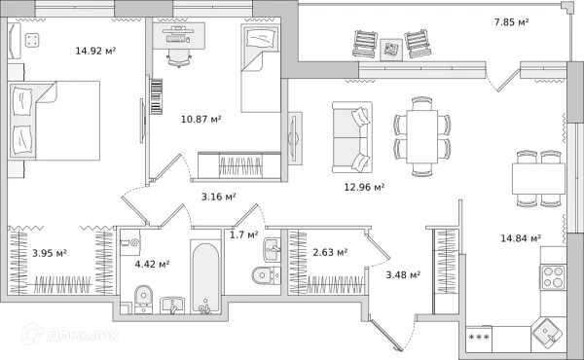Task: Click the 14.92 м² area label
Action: [x=95, y=51]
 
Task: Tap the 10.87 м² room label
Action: [x=201, y=119]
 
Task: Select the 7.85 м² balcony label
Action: [x=511, y=22]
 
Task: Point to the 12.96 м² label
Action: [x=364, y=187]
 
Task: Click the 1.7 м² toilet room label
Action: [x=243, y=234]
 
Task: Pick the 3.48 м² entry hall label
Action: [x=403, y=275]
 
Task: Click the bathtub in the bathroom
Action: [x=206, y=276]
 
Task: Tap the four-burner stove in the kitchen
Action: [x=553, y=277]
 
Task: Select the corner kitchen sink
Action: [x=548, y=332]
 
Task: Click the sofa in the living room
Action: [x=352, y=137]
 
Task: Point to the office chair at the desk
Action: [x=179, y=58]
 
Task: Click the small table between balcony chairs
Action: [x=391, y=50]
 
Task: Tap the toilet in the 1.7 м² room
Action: [x=266, y=275]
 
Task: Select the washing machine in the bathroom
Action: [x=130, y=242]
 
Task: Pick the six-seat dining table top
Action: [x=422, y=136]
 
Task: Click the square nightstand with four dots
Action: [x=32, y=40]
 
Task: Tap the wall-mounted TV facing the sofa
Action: [x=294, y=138]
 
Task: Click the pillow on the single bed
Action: [x=261, y=38]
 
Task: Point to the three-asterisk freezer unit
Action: [x=479, y=339]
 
